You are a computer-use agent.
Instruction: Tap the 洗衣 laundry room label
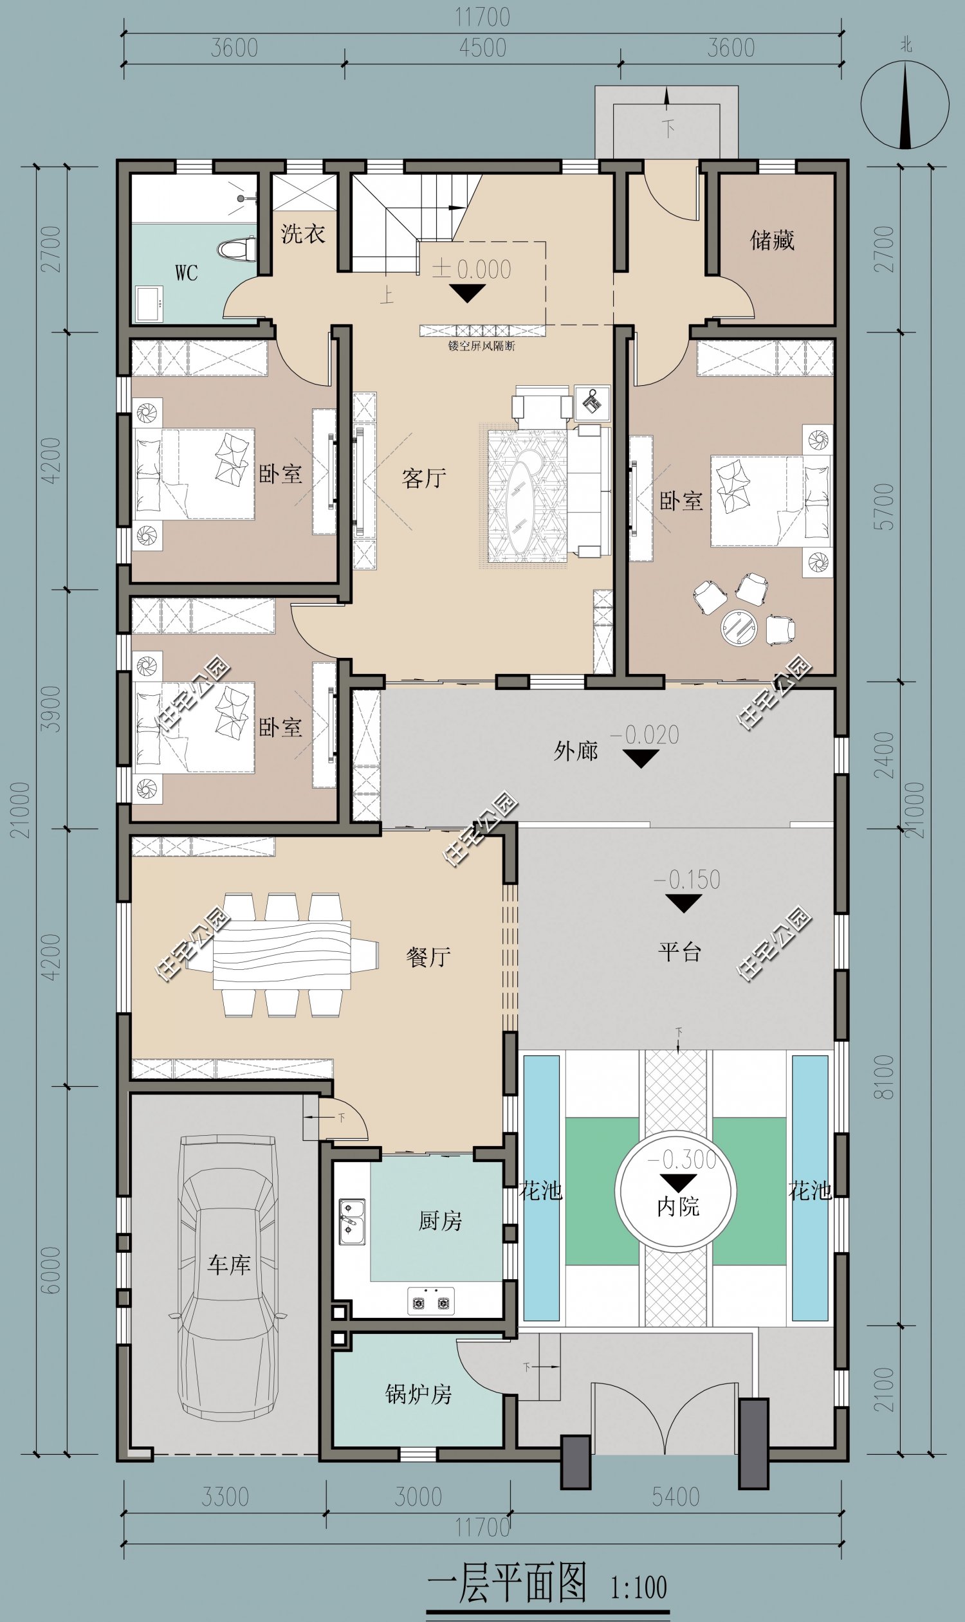[303, 233]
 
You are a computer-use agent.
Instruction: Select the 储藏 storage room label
[772, 240]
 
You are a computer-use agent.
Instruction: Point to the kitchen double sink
[352, 1222]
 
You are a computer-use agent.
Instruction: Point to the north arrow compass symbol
[905, 104]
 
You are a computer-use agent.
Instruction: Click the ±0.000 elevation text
[472, 268]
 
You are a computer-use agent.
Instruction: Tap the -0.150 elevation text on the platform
[686, 880]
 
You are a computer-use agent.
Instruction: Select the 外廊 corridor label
[576, 751]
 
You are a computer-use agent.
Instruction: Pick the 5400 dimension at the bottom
[675, 1497]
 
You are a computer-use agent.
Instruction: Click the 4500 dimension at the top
[482, 48]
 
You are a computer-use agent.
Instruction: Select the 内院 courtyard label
[677, 1207]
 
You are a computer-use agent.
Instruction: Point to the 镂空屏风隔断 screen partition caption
[481, 346]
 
